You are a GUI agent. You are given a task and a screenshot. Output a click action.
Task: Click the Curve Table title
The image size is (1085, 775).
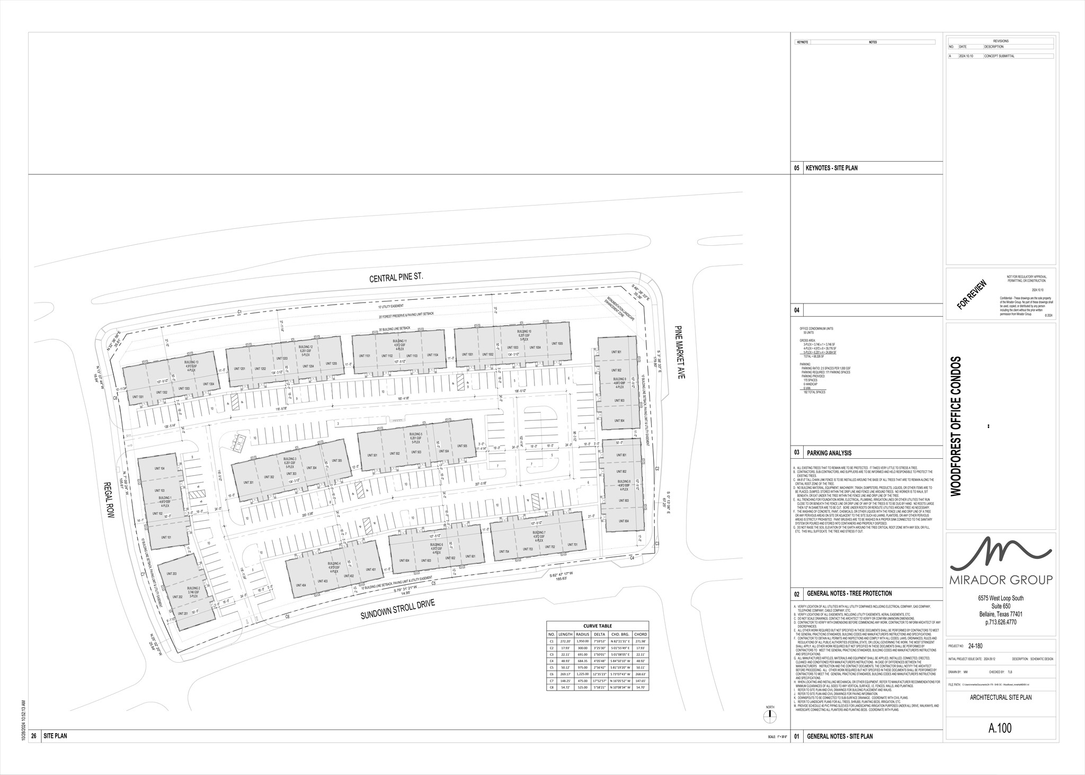coord(597,626)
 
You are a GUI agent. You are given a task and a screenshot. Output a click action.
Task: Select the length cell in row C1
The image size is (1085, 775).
coord(565,641)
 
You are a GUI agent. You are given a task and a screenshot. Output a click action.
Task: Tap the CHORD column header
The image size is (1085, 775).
coord(640,634)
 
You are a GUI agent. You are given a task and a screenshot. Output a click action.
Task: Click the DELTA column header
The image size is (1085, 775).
coord(601,634)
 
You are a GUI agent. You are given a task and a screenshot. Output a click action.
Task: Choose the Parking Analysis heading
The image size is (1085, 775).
coord(829,453)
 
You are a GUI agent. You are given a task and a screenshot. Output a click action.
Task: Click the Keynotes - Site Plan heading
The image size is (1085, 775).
coord(831,168)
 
